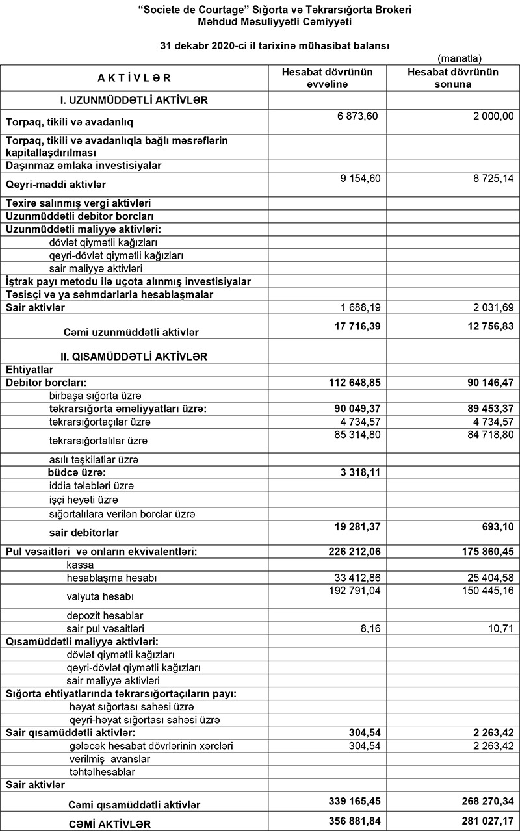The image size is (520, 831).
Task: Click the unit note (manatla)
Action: (x=460, y=58)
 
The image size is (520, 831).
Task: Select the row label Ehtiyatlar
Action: (x=29, y=369)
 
